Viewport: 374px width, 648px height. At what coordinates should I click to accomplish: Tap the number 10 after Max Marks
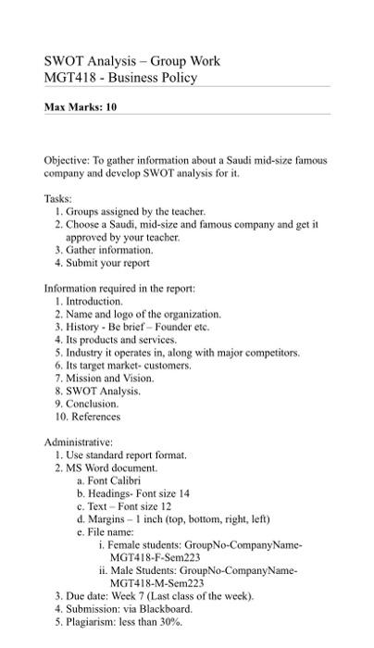tap(111, 107)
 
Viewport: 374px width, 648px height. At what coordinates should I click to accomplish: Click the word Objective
tap(66, 160)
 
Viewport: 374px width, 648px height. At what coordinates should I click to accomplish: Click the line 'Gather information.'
tap(108, 250)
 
